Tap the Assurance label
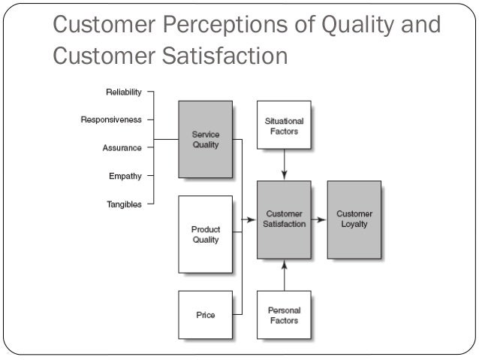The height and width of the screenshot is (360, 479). coord(122,147)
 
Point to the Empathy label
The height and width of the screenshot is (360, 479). coord(125,176)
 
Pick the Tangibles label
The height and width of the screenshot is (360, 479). coord(123,204)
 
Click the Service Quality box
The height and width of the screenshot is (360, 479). coord(205,140)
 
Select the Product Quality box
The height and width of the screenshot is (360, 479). coord(205,234)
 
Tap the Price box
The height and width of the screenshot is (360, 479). coord(205,315)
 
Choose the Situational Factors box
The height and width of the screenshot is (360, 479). coord(284,126)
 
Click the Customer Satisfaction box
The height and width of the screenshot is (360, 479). coord(284,219)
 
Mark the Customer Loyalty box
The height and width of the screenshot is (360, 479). coord(354,219)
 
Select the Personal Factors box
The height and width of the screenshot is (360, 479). coord(284,315)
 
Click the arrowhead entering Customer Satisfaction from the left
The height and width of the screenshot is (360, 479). coord(252,220)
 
